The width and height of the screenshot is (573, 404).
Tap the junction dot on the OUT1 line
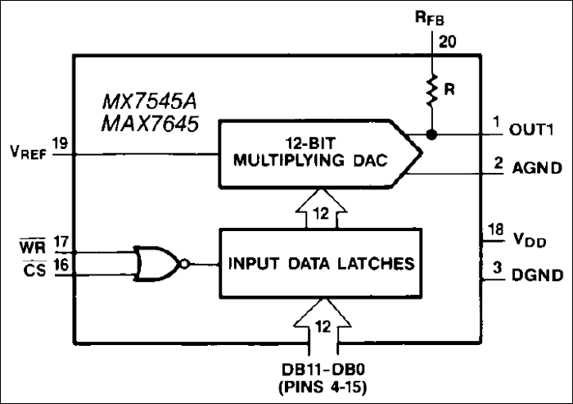(x=431, y=133)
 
